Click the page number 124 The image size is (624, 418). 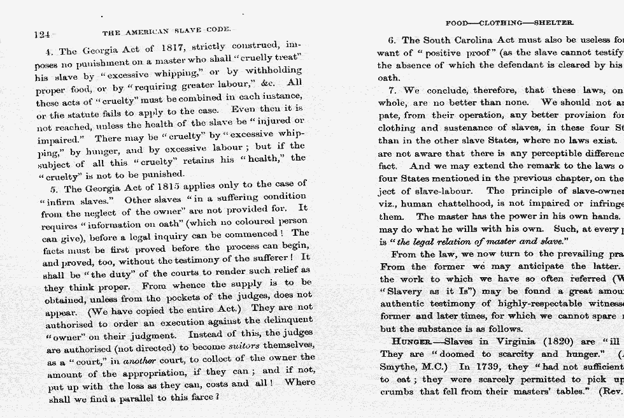click(42, 34)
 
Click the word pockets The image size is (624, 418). click(190, 298)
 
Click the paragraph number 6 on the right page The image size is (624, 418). click(392, 40)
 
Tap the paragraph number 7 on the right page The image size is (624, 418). click(392, 90)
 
